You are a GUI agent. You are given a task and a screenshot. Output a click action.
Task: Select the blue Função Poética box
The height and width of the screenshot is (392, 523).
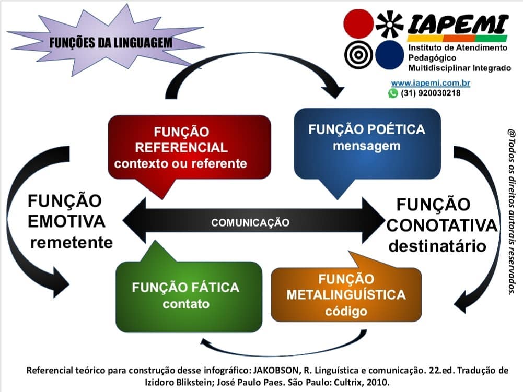367,144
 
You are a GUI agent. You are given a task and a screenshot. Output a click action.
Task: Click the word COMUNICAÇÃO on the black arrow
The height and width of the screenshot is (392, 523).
250,223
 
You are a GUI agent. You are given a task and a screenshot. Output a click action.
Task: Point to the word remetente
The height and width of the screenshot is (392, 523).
72,242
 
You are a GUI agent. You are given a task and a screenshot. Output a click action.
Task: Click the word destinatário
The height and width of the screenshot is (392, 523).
437,246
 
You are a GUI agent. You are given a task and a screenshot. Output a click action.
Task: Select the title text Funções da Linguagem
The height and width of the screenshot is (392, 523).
111,43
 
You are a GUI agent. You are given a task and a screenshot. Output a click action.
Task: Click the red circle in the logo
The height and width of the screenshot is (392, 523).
358,23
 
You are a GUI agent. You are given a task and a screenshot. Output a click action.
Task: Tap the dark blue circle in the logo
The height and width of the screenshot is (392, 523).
390,55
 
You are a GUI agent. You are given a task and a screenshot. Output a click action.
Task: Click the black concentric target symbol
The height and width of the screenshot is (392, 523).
358,55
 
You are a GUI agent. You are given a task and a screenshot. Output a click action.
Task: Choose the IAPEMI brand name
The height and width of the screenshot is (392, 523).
458,25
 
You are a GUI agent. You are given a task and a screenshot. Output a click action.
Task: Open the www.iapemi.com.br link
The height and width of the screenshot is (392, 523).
431,82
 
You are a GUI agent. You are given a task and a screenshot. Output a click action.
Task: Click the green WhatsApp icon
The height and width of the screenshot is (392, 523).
393,93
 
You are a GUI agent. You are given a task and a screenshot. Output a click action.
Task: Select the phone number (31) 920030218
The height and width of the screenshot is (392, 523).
431,93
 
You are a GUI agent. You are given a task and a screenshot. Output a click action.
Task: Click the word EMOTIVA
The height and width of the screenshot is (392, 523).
66,222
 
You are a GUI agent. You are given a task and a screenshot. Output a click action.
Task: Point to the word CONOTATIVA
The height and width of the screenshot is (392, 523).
442,225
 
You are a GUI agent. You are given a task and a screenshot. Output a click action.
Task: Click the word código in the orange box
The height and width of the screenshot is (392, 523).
346,311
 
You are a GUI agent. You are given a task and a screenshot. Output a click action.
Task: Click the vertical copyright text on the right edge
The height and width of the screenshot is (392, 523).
512,212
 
